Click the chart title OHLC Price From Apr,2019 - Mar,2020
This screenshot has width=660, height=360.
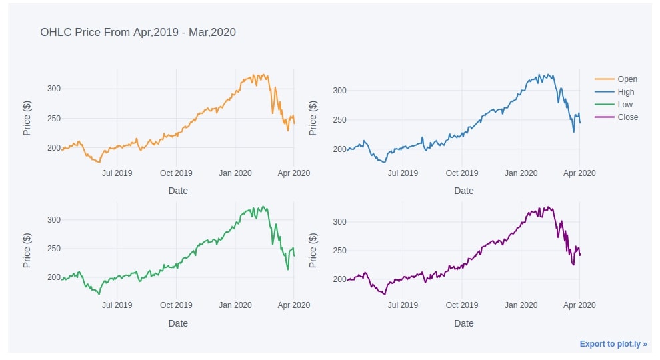pos(138,32)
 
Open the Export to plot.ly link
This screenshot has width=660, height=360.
pos(613,344)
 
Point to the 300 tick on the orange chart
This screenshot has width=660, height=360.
pos(54,89)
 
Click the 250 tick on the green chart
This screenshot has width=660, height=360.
pos(54,249)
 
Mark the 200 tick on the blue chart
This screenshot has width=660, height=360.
pos(339,149)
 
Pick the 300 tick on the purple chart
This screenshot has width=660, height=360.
pos(339,222)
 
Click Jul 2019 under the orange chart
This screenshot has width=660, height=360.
pos(117,173)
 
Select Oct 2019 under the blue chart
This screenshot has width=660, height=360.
pos(461,173)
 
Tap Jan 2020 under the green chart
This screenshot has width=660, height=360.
pos(235,305)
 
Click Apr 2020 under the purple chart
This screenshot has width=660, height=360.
pos(579,305)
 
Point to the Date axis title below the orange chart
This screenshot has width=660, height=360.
pos(178,191)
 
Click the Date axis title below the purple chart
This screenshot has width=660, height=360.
pos(464,323)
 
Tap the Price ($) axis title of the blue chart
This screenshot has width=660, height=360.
pos(313,118)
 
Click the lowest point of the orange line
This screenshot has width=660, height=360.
pos(99,162)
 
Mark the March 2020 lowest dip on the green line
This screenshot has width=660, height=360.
pos(287,269)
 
